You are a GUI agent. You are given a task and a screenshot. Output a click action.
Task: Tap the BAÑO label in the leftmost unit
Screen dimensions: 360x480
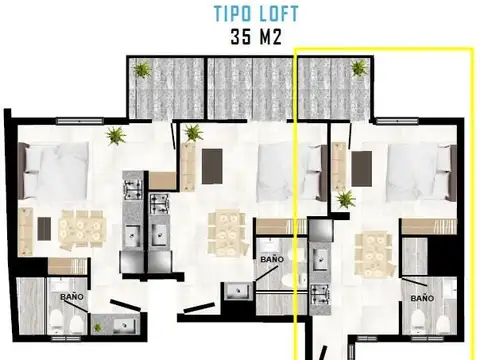[72, 297]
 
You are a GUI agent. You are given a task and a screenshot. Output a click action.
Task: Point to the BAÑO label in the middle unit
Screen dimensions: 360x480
[272, 258]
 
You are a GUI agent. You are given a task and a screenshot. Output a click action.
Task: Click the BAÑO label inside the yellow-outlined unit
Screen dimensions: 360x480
[422, 298]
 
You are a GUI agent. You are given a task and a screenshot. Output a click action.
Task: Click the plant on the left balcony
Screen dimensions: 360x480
[143, 70]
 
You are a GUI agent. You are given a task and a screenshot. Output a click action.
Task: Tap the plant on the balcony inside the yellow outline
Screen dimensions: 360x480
[359, 68]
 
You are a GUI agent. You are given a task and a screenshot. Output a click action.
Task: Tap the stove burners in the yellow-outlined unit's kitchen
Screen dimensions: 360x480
[320, 294]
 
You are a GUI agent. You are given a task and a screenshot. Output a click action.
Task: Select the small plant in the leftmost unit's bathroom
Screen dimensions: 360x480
[97, 326]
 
